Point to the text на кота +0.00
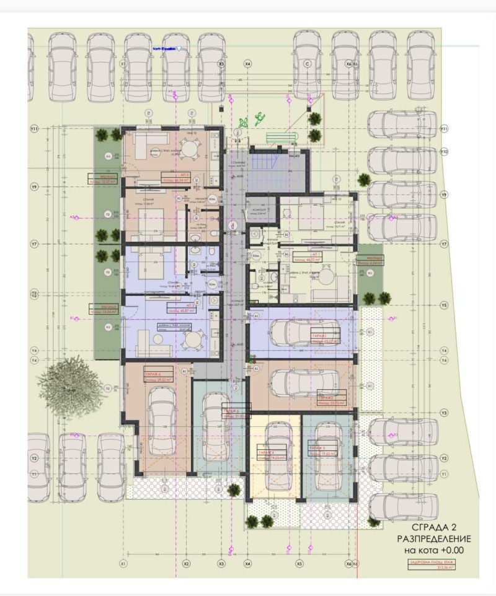point(434,550)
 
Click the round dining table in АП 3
point(194,149)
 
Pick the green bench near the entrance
point(277,138)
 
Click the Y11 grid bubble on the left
point(35,128)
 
